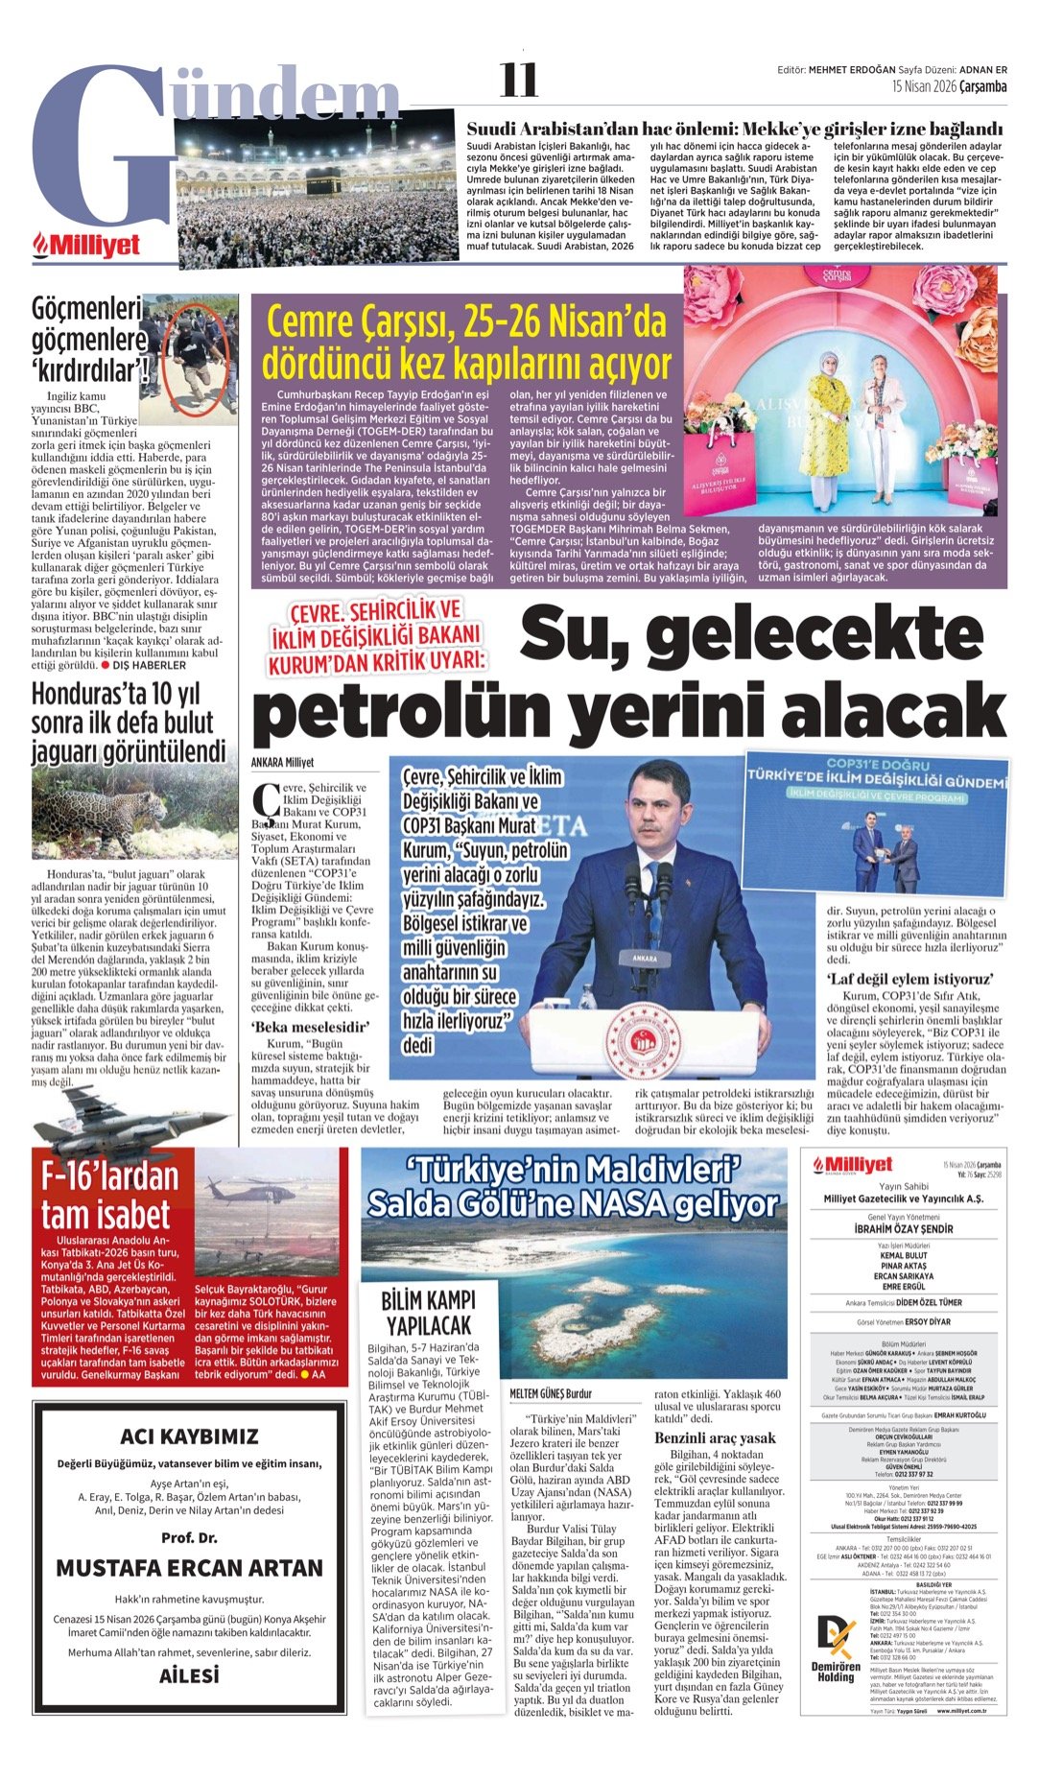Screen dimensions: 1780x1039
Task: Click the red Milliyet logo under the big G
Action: [87, 246]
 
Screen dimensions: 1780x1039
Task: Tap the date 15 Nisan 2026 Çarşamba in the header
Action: [949, 86]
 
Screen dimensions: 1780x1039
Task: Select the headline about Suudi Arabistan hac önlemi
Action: [734, 129]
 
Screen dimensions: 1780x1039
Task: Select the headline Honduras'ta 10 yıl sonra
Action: [129, 723]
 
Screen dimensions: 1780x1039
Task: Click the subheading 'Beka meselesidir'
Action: [298, 1027]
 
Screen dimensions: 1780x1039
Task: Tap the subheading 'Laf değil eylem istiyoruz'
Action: [909, 979]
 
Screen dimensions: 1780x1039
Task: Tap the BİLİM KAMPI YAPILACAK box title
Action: [428, 1313]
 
